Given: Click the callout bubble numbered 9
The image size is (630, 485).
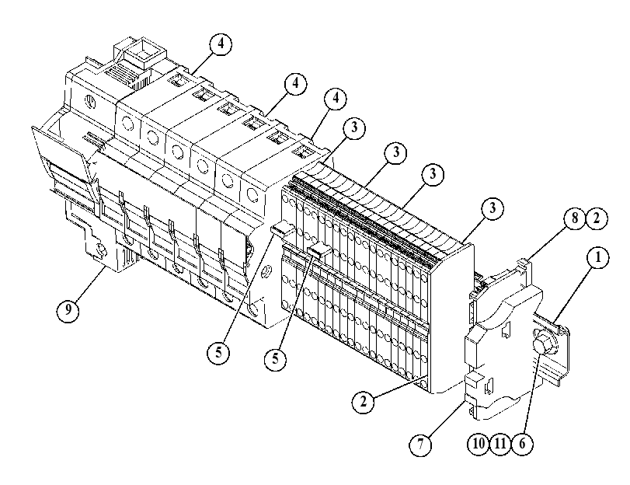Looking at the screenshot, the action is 68,309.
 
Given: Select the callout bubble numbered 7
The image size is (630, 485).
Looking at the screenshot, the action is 421,445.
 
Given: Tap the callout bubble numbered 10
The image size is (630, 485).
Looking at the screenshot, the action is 479,444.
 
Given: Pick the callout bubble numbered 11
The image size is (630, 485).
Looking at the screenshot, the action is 500,444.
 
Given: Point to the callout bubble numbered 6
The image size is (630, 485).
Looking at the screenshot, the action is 522,444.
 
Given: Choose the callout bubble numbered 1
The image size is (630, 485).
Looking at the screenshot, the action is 598,257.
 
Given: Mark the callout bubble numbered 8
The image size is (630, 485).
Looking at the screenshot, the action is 575,218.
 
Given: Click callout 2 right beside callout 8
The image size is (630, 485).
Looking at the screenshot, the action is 597,218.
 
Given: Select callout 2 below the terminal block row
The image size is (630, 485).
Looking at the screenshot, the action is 364,401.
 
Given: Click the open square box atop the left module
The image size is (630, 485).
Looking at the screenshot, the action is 141,53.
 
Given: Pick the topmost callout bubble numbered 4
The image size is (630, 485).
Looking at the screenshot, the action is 221,44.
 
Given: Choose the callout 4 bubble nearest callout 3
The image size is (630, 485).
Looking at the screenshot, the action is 336,99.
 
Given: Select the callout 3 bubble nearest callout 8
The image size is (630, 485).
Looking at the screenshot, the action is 493,208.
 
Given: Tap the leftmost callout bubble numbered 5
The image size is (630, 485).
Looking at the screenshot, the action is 218,353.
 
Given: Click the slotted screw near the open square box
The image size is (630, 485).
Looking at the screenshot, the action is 91,100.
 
